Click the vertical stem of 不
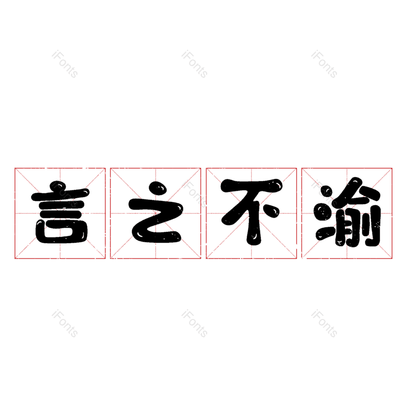[252, 224]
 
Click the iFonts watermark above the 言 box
[65, 64]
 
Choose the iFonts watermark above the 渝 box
[324, 64]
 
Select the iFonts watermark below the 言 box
[65, 324]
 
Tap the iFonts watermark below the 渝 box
[324, 324]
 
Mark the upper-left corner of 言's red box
[15, 168]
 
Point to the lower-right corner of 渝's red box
[392, 258]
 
